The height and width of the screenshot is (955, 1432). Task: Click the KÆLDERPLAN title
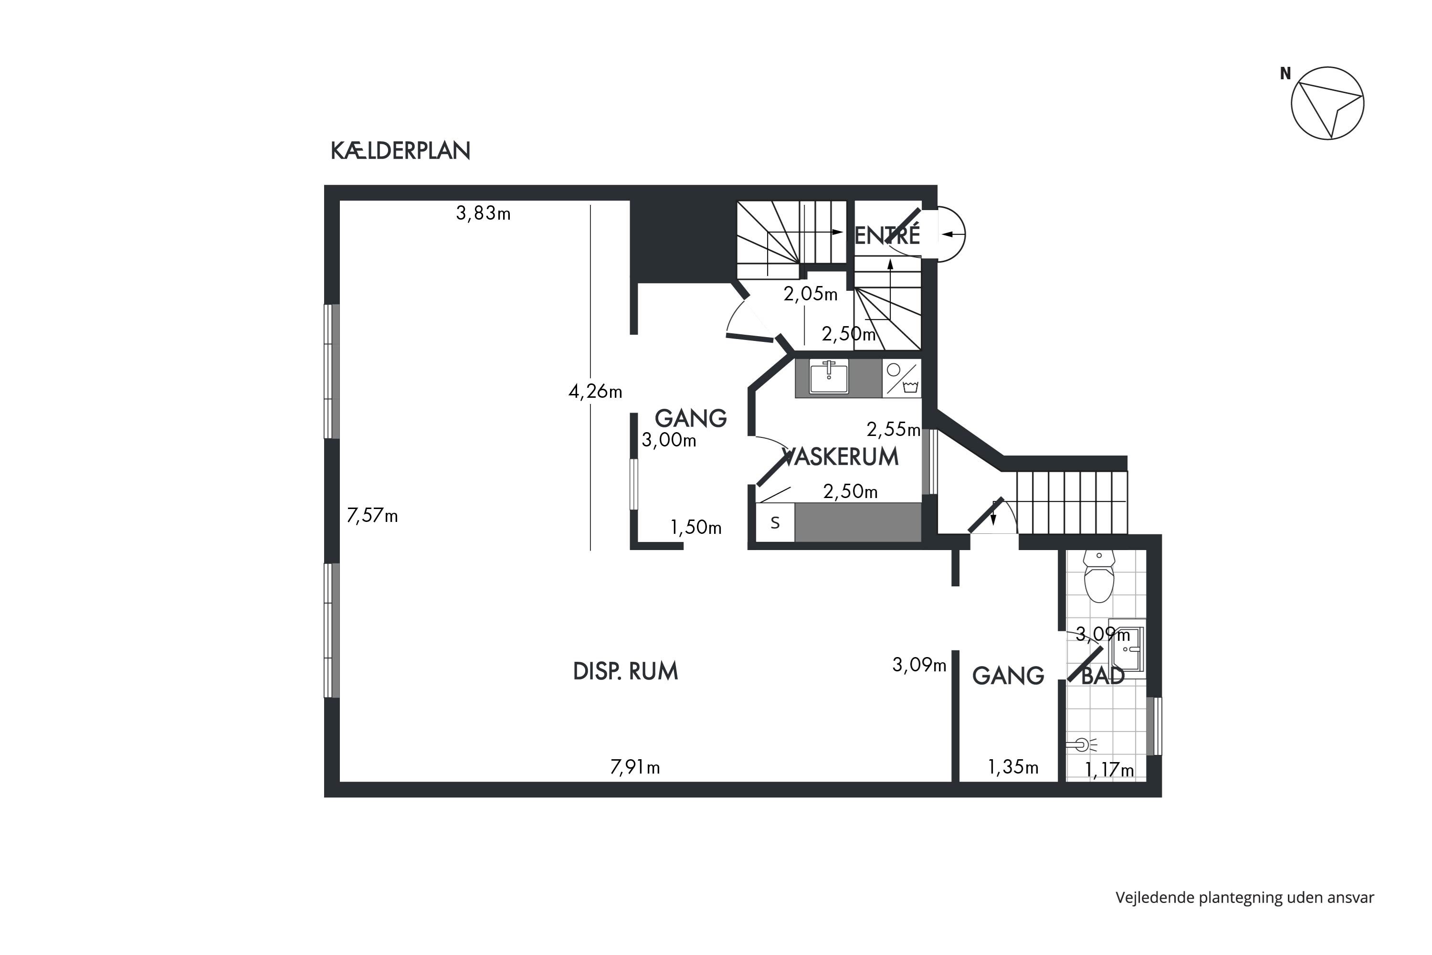[x=400, y=151]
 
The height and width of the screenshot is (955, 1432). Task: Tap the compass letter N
[x=1285, y=74]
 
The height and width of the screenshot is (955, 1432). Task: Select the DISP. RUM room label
[x=625, y=671]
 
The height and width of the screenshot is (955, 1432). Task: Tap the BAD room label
[x=1103, y=676]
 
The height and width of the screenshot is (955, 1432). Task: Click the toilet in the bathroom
[x=1099, y=576]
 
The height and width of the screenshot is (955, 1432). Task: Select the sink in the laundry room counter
[x=829, y=376]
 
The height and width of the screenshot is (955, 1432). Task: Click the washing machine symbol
[x=902, y=378]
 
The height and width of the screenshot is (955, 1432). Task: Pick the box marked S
[x=775, y=522]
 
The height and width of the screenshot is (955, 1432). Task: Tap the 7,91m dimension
[x=635, y=767]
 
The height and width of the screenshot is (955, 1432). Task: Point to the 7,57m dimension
[x=372, y=516]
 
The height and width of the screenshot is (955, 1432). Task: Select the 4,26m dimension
[x=595, y=392]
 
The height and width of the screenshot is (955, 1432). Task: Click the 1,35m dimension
[x=1013, y=767]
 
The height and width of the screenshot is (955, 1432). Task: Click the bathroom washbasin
[x=1127, y=649]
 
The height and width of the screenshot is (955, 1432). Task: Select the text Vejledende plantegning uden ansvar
[x=1245, y=898]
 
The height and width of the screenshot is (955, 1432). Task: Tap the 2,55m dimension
[x=894, y=429]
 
